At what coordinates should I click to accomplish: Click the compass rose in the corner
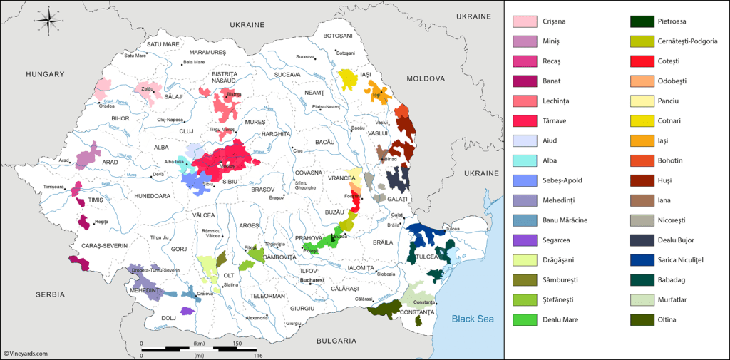pyautogui.click(x=48, y=20)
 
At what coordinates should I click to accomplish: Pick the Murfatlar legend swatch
pyautogui.click(x=642, y=300)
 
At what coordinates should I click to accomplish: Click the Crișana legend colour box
pyautogui.click(x=525, y=21)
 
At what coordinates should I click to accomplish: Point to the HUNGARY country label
pyautogui.click(x=45, y=74)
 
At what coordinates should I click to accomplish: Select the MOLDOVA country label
pyautogui.click(x=426, y=78)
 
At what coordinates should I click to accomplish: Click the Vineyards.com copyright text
pyautogui.click(x=26, y=353)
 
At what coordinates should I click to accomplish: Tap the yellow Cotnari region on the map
pyautogui.click(x=347, y=78)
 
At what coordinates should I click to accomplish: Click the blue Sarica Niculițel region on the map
pyautogui.click(x=426, y=231)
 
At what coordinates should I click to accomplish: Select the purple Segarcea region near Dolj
pyautogui.click(x=187, y=311)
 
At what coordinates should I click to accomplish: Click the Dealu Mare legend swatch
pyautogui.click(x=525, y=320)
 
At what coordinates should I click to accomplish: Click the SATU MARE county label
pyautogui.click(x=163, y=44)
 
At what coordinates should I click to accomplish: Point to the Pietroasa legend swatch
pyautogui.click(x=642, y=21)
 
